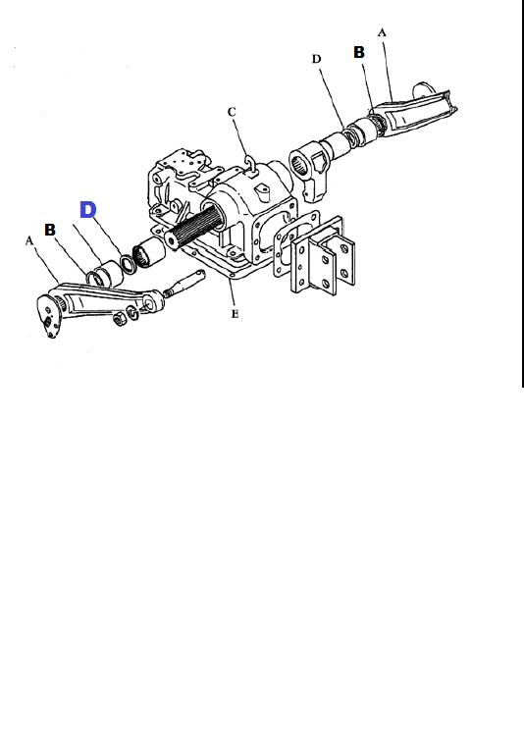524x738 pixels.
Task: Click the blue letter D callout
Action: [88, 209]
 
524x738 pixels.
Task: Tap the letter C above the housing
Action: [232, 112]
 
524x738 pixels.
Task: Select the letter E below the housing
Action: [235, 314]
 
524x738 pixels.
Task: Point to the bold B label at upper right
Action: [359, 52]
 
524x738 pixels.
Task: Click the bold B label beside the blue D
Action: [50, 230]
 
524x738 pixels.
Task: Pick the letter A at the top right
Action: [382, 32]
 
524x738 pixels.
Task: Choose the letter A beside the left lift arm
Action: [29, 241]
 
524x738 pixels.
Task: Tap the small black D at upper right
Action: [316, 59]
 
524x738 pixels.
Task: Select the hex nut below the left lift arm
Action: [120, 319]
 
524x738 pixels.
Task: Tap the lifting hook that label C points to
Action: [249, 165]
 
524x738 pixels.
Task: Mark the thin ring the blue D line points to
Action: [128, 264]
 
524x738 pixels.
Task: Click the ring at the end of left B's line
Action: [93, 279]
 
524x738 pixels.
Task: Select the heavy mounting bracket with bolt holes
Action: [323, 255]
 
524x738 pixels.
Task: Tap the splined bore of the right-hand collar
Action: [299, 165]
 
